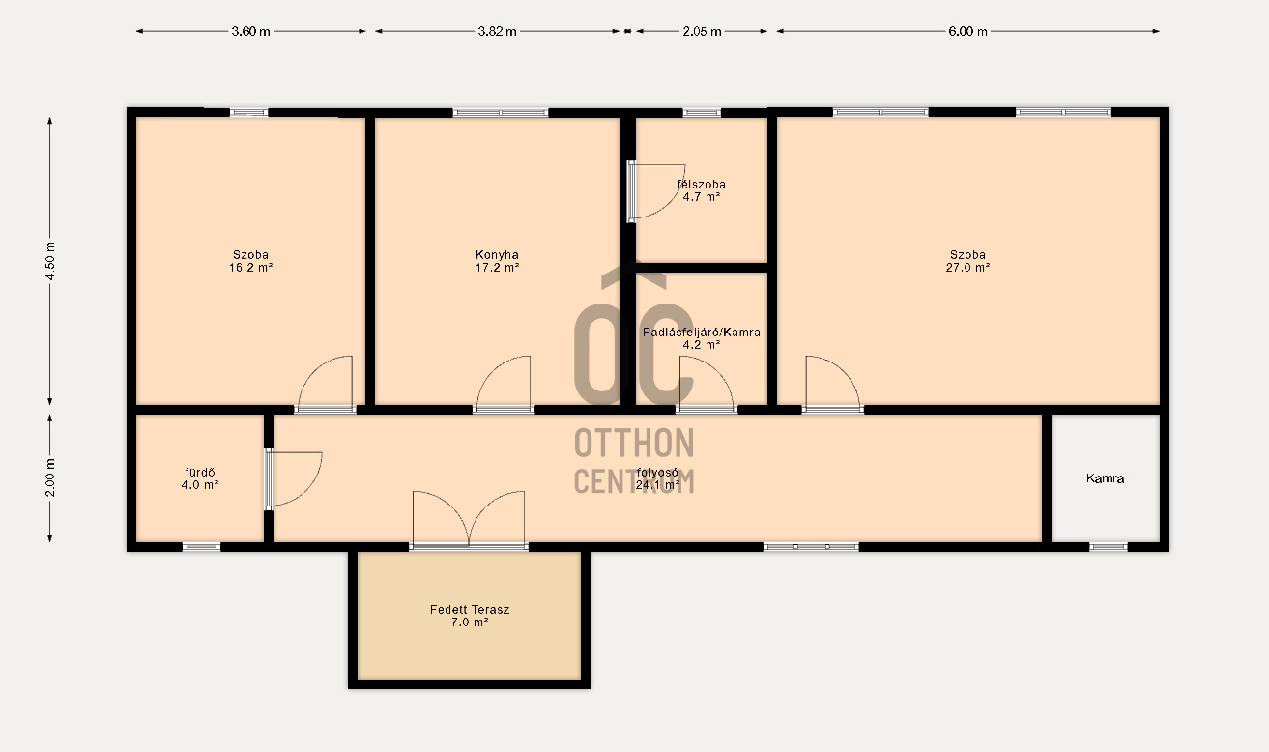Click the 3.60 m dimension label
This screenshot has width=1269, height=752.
pos(250,31)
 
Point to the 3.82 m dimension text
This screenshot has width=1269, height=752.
pos(497,31)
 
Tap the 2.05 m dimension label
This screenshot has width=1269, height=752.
pos(702,31)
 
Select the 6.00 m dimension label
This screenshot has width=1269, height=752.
pos(967,31)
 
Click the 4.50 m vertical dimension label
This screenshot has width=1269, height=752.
pos(50,261)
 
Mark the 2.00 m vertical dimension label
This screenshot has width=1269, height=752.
pos(50,477)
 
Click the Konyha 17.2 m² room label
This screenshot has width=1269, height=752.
pos(497,261)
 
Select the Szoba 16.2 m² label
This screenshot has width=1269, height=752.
pos(250,261)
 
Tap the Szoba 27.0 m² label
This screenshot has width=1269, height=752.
pos(967,261)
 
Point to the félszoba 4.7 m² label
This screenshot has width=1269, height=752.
pos(702,190)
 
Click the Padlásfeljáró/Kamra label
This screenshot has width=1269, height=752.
pos(702,333)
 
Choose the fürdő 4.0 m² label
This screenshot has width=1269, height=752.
pos(200,478)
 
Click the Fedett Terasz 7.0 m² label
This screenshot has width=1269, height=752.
pos(470,616)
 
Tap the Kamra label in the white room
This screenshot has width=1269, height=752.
pos(1105,478)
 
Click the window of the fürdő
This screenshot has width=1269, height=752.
pos(201,547)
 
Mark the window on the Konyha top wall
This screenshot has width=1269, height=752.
pos(501,113)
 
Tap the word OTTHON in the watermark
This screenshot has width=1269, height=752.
pos(634,443)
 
